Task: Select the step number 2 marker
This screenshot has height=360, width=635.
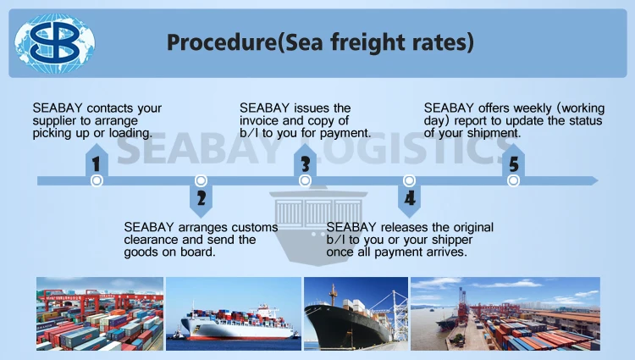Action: click(201, 199)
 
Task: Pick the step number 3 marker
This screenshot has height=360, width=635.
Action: click(305, 163)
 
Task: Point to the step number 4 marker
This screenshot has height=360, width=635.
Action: click(409, 199)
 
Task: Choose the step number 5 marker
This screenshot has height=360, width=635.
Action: click(513, 163)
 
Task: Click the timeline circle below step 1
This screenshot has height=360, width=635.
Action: click(97, 180)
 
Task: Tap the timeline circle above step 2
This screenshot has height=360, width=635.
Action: click(201, 180)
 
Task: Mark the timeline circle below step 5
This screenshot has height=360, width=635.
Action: click(513, 180)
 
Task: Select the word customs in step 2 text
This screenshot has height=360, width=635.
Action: click(253, 227)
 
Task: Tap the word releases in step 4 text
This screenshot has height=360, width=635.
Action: click(405, 227)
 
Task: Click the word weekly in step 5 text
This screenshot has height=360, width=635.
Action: click(510, 108)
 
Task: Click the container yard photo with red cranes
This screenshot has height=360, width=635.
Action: click(99, 313)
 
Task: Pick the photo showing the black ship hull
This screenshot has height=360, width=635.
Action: click(355, 313)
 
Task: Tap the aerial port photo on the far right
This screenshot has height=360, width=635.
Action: click(505, 313)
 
